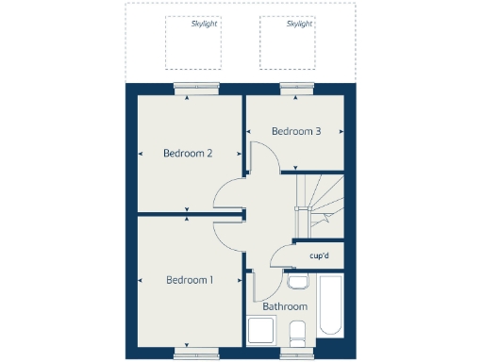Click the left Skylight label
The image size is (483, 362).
tap(204, 25)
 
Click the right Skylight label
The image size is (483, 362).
tap(299, 25)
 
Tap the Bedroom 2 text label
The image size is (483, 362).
tap(188, 153)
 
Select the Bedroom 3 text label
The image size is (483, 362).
tap(296, 131)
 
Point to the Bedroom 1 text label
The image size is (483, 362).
tap(190, 279)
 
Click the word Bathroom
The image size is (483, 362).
tap(285, 306)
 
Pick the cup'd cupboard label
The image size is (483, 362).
tap(319, 255)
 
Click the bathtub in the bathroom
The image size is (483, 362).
tap(331, 305)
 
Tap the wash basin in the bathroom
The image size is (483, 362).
tap(298, 282)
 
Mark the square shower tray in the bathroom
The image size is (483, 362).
tap(260, 332)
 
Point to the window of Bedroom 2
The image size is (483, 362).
tap(188, 88)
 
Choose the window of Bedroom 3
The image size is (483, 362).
tap(295, 88)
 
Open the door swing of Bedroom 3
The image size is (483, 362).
tap(265, 158)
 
